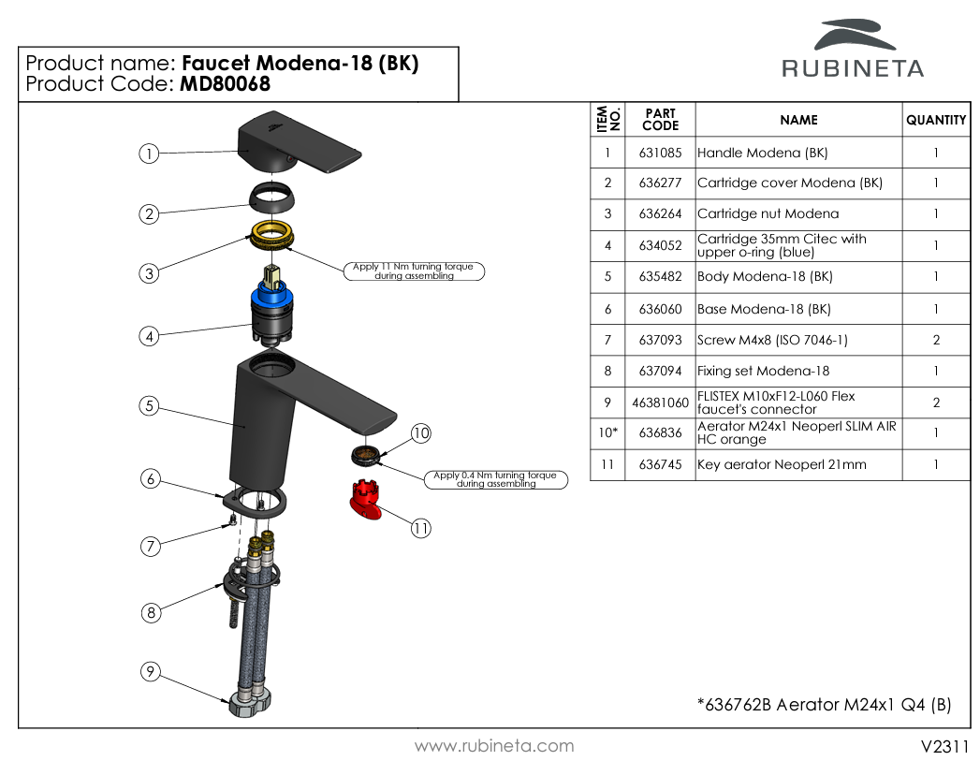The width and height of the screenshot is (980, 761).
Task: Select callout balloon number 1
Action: pos(148,154)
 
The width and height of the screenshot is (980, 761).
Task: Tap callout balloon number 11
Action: pos(420,528)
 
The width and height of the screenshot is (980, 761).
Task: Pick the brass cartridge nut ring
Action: pos(272,235)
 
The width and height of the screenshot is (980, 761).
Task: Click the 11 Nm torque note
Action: pos(413,271)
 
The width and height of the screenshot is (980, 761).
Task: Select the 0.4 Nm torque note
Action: pos(495,479)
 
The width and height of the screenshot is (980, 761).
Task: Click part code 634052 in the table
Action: pos(660,245)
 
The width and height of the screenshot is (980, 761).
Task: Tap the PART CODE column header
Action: pos(660,120)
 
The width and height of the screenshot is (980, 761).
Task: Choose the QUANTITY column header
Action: pos(935,120)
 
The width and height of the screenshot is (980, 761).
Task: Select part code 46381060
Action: pos(660,402)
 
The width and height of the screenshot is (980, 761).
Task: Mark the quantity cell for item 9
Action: pos(935,402)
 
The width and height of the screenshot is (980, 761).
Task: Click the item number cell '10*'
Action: pos(607,433)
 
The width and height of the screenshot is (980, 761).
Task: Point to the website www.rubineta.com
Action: pos(494,746)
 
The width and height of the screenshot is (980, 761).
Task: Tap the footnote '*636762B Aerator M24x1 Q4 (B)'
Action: pos(824,705)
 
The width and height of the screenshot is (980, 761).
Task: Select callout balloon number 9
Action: pos(150,671)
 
